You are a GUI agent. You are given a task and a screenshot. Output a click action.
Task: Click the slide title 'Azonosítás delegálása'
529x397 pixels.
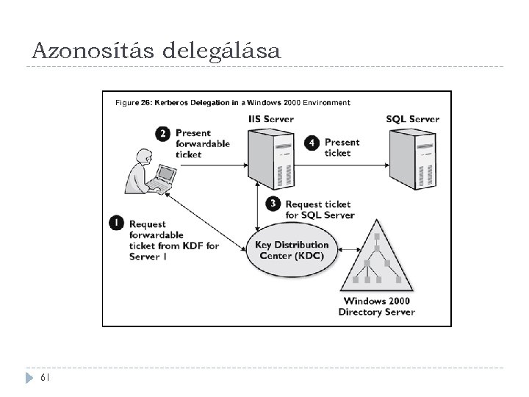click(156, 51)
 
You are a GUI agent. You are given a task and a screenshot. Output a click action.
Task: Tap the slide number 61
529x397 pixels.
click(46, 378)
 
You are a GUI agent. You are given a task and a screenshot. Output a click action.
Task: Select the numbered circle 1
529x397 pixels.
click(116, 221)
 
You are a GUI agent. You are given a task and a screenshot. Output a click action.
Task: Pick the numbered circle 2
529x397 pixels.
click(163, 133)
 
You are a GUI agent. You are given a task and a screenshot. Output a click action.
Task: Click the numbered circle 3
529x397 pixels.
click(273, 204)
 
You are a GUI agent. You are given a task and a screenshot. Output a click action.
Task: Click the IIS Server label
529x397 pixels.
click(270, 118)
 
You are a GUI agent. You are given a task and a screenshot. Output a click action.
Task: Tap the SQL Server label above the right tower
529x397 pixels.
click(412, 119)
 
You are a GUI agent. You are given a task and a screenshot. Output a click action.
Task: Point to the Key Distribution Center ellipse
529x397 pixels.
click(292, 250)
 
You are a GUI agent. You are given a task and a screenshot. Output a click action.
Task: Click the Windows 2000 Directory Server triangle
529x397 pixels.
click(377, 257)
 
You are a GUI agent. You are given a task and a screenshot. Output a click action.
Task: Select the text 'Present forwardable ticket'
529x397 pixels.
click(202, 143)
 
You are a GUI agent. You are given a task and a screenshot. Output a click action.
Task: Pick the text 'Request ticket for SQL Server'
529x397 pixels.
click(320, 210)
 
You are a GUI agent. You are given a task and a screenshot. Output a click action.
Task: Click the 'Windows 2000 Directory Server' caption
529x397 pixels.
click(376, 307)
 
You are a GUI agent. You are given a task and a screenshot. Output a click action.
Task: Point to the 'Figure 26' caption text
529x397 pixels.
click(232, 103)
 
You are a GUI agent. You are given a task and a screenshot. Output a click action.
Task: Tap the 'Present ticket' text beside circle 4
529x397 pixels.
click(342, 147)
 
